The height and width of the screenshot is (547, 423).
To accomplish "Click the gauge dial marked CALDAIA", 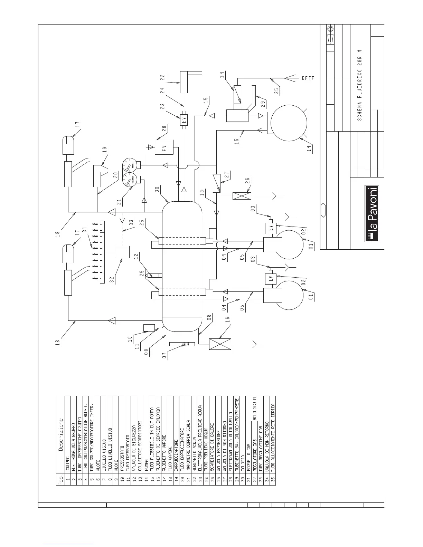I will pos(131,181).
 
